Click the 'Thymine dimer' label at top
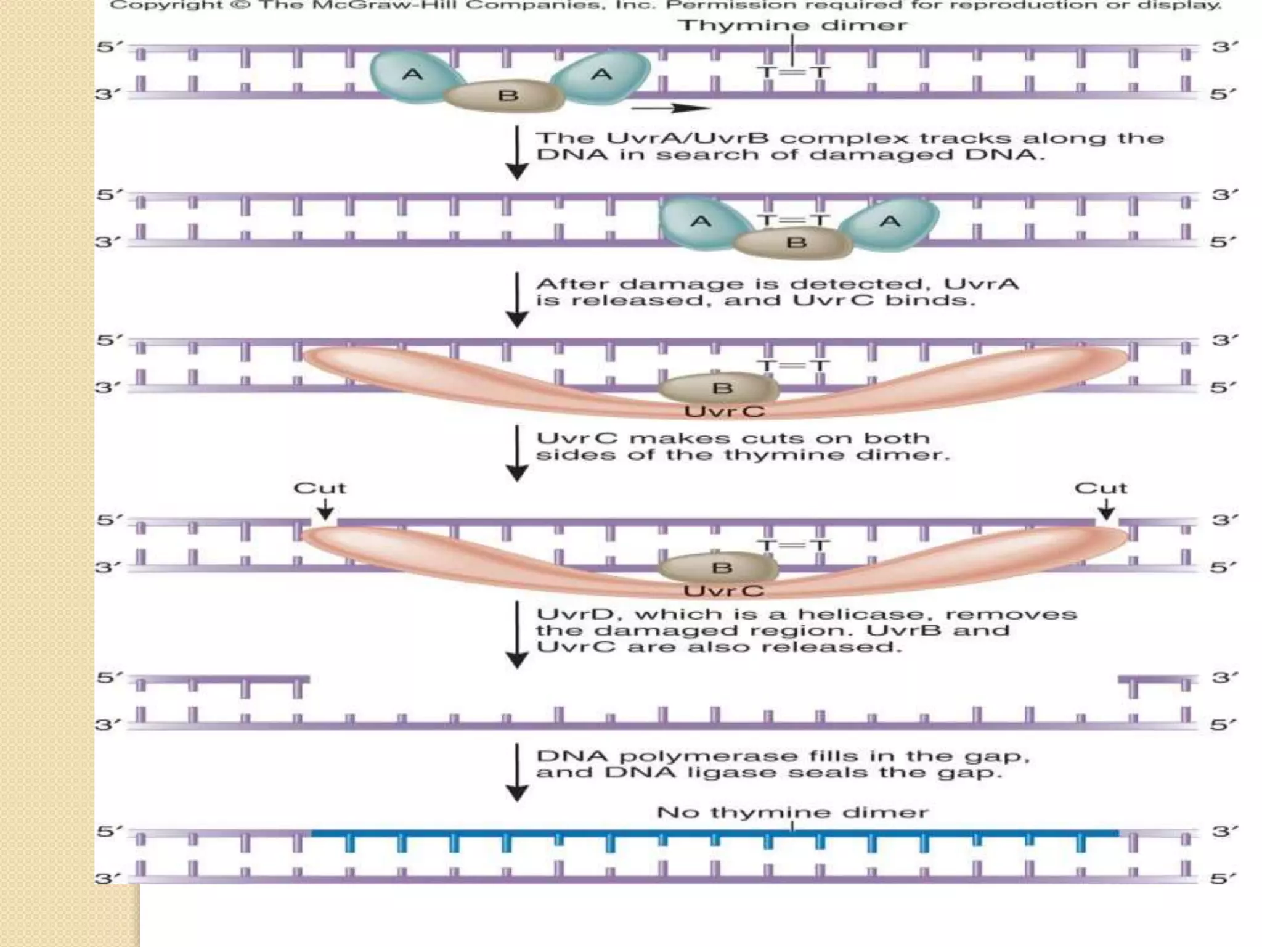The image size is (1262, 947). [x=792, y=25]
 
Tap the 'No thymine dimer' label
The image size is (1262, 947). [x=792, y=812]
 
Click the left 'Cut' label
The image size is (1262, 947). [x=320, y=488]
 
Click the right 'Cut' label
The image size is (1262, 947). [x=1101, y=488]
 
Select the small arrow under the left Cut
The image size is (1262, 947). [x=325, y=510]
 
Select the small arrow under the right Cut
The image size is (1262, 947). [x=1106, y=510]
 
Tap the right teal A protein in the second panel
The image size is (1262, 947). [x=890, y=222]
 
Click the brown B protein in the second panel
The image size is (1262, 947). [x=795, y=242]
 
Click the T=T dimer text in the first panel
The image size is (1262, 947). [x=792, y=73]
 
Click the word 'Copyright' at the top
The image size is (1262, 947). [x=166, y=6]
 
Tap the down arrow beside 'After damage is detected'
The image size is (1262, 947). [x=517, y=300]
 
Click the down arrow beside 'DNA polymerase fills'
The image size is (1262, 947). [x=517, y=773]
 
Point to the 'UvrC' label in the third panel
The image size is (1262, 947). [x=724, y=411]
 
